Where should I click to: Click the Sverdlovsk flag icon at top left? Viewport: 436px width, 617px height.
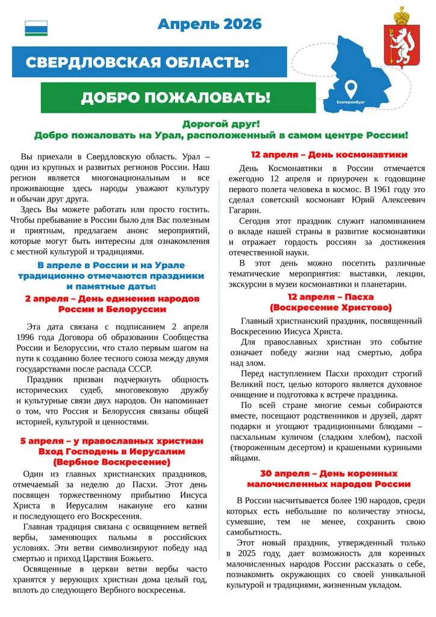click(x=36, y=28)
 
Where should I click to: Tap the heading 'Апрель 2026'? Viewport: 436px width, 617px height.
click(x=210, y=24)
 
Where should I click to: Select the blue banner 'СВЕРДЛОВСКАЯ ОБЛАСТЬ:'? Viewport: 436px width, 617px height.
click(x=137, y=63)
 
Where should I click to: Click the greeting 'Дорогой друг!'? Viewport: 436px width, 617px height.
click(x=221, y=124)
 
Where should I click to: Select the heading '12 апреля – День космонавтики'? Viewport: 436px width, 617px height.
click(x=329, y=155)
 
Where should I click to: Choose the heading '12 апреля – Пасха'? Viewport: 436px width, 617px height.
click(x=330, y=297)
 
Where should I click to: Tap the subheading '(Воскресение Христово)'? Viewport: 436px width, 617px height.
click(x=331, y=307)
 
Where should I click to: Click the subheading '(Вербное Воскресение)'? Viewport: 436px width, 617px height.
click(x=111, y=462)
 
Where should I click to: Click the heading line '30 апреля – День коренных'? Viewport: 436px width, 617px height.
click(x=329, y=474)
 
